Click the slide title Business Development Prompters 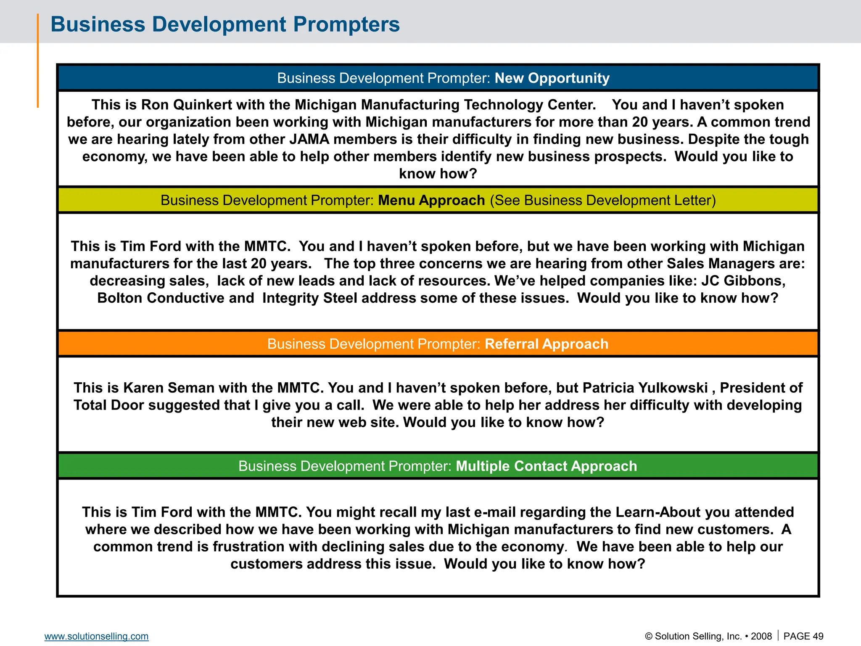tap(225, 24)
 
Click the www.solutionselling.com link tap(96, 636)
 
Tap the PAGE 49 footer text tap(803, 636)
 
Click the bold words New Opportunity tap(552, 78)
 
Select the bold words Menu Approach tap(431, 201)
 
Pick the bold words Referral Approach tap(546, 344)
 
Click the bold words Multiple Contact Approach tap(546, 466)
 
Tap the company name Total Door tap(109, 405)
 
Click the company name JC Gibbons tap(743, 281)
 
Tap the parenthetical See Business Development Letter tap(602, 201)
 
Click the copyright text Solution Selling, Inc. tap(698, 636)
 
